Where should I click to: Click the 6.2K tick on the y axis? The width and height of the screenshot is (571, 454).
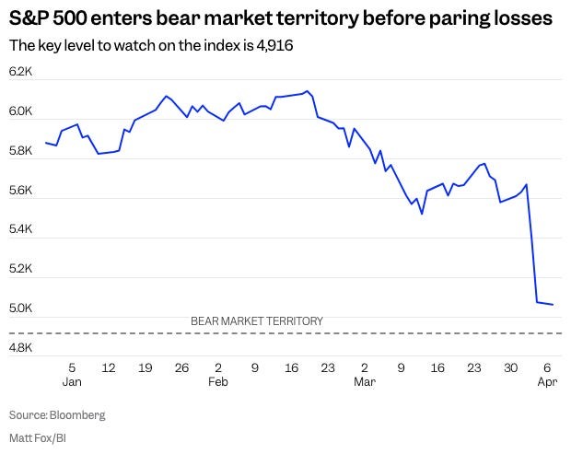coord(20,72)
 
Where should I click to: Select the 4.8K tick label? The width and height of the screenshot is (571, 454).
coord(20,349)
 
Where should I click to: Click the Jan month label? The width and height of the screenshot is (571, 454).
coord(72,380)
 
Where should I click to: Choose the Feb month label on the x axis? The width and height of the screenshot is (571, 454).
coord(216,380)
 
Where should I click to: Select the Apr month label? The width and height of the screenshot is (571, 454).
coord(547,380)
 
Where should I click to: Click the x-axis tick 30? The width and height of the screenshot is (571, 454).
coord(510,367)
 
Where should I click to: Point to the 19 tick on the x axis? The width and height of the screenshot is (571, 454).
coord(145,367)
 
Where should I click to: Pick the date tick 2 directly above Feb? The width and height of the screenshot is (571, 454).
coord(216,367)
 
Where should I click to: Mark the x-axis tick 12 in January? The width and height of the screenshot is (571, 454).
coord(109,367)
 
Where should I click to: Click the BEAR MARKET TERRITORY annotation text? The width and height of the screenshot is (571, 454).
coord(257,321)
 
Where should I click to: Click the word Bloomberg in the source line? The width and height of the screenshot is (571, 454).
coord(77,415)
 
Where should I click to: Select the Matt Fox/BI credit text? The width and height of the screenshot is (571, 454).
coord(37,437)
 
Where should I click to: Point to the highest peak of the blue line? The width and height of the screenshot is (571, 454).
coord(307,91)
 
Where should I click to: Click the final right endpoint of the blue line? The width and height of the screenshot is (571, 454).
coord(553,304)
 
